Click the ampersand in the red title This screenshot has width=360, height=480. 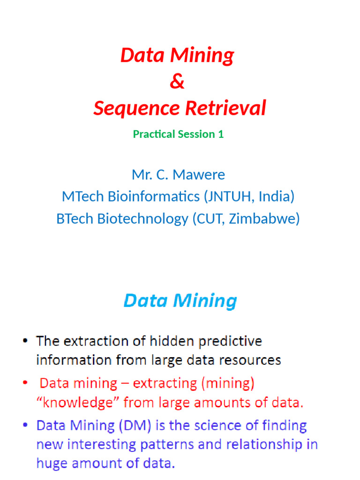(177, 82)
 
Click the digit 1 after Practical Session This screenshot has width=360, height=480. (220, 134)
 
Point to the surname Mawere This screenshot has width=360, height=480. (199, 175)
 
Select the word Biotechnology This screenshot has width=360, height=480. (142, 218)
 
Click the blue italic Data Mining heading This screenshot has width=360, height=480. (180, 301)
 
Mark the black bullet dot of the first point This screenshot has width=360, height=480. (25, 341)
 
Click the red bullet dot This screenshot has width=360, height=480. (25, 384)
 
